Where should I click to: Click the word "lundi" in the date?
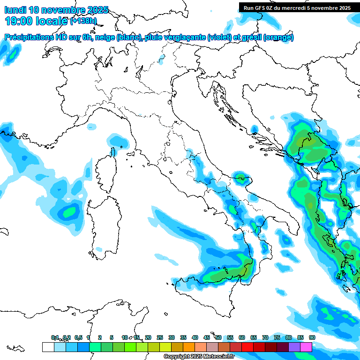click(x=16, y=10)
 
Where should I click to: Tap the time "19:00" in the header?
click(x=18, y=21)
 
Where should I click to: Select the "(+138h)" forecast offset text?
click(x=83, y=21)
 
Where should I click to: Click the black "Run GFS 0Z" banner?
click(x=297, y=7)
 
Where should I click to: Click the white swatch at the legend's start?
click(x=48, y=347)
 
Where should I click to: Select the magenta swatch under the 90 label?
click(x=306, y=347)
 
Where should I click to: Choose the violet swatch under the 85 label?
click(x=294, y=347)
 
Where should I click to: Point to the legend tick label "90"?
click(x=312, y=337)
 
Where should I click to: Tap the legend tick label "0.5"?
click(x=78, y=337)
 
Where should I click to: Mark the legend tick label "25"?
click(x=159, y=337)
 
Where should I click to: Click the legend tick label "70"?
click(x=265, y=337)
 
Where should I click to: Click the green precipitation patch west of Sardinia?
click(x=70, y=212)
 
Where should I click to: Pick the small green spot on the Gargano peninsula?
click(x=241, y=177)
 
